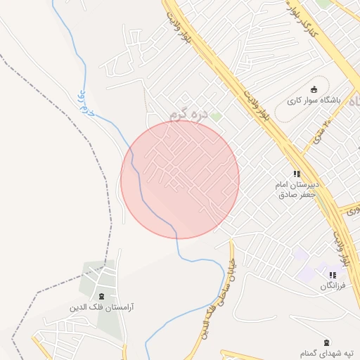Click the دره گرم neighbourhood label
tap(190, 112)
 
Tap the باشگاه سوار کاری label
tap(314, 101)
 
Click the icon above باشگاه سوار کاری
tap(314, 89)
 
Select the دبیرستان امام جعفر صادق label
tap(297, 190)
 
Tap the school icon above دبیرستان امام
tap(297, 173)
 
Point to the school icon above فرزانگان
tap(333, 275)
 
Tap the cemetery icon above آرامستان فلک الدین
tap(103, 296)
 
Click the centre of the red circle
tap(180, 179)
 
